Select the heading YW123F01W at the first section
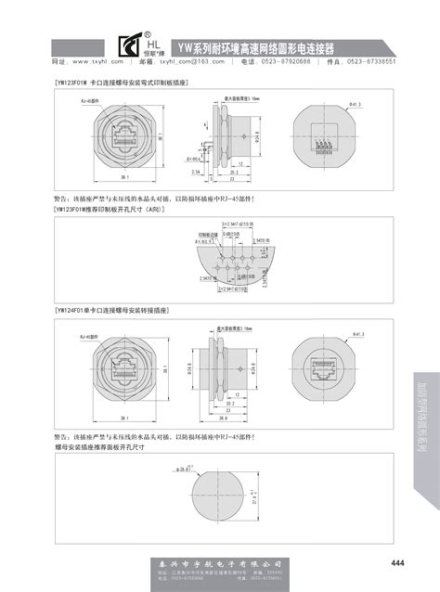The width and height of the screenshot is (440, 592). click(122, 83)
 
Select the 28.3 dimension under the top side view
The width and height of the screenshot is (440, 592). click(235, 176)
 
